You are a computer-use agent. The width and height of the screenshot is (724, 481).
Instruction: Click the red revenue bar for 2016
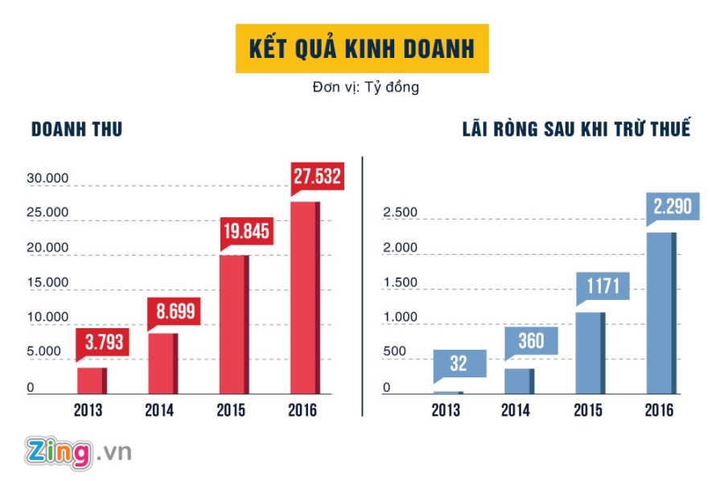[305, 298]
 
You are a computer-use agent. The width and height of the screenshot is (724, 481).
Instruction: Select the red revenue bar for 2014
[162, 364]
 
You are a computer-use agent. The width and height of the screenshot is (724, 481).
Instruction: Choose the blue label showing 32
[459, 364]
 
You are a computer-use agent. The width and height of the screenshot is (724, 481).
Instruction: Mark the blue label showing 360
[531, 341]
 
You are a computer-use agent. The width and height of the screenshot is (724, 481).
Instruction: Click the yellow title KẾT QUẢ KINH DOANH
[362, 48]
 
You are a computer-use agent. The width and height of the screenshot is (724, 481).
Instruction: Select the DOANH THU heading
[76, 129]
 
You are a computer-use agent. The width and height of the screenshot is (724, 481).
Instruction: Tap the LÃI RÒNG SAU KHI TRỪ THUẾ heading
[576, 129]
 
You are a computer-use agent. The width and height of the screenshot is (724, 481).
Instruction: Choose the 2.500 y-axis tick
[400, 212]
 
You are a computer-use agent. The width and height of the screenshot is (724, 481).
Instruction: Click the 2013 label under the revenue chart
[91, 411]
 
